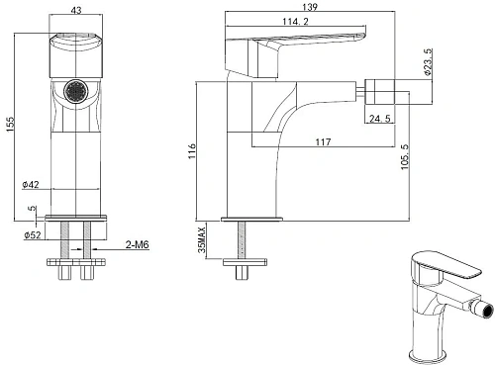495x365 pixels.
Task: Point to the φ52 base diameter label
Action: coord(31,235)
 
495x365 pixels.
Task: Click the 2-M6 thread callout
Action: coord(137,243)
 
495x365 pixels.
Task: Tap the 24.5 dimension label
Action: coord(380,122)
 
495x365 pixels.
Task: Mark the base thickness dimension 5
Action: coord(32,209)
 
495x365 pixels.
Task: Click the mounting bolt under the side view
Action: coord(242,243)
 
